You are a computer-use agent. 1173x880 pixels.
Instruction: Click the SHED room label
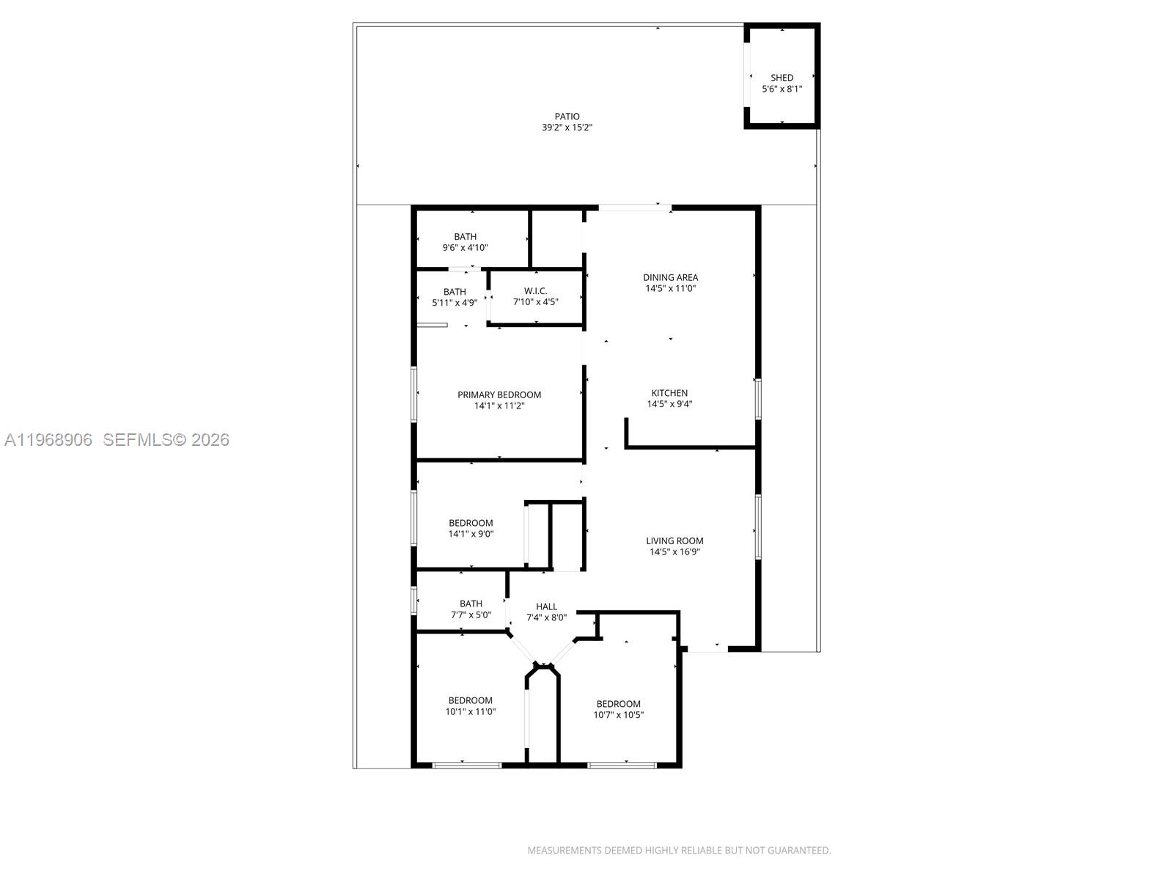tap(782, 78)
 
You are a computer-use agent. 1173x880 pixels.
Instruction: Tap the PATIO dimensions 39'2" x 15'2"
tap(567, 128)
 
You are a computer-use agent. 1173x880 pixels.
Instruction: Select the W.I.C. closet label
tap(535, 291)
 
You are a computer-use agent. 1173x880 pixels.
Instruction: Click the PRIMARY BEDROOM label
tap(499, 395)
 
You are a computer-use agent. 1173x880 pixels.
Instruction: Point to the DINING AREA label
tap(670, 277)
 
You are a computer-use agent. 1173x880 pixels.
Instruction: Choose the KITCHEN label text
tap(669, 393)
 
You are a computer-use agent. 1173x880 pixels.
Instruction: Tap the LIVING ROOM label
tap(674, 541)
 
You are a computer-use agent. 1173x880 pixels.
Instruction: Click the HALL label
tap(546, 606)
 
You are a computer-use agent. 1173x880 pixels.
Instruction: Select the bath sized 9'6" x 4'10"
tap(465, 242)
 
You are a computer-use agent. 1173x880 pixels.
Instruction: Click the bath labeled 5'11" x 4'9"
tap(455, 297)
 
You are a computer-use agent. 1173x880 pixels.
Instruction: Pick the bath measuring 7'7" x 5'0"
tap(471, 609)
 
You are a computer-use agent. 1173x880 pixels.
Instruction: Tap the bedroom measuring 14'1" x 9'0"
tap(471, 529)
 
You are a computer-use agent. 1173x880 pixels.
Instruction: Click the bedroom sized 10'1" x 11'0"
tap(471, 705)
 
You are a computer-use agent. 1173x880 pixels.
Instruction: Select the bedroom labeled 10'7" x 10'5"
tap(618, 709)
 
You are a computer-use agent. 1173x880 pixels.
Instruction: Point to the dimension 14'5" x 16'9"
tap(674, 552)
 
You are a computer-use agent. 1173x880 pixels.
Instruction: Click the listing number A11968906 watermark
tap(48, 440)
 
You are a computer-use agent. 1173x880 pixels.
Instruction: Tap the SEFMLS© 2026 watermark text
tap(166, 440)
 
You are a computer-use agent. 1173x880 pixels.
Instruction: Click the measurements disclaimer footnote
tap(679, 851)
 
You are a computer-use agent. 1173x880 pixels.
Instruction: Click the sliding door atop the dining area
tap(635, 208)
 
